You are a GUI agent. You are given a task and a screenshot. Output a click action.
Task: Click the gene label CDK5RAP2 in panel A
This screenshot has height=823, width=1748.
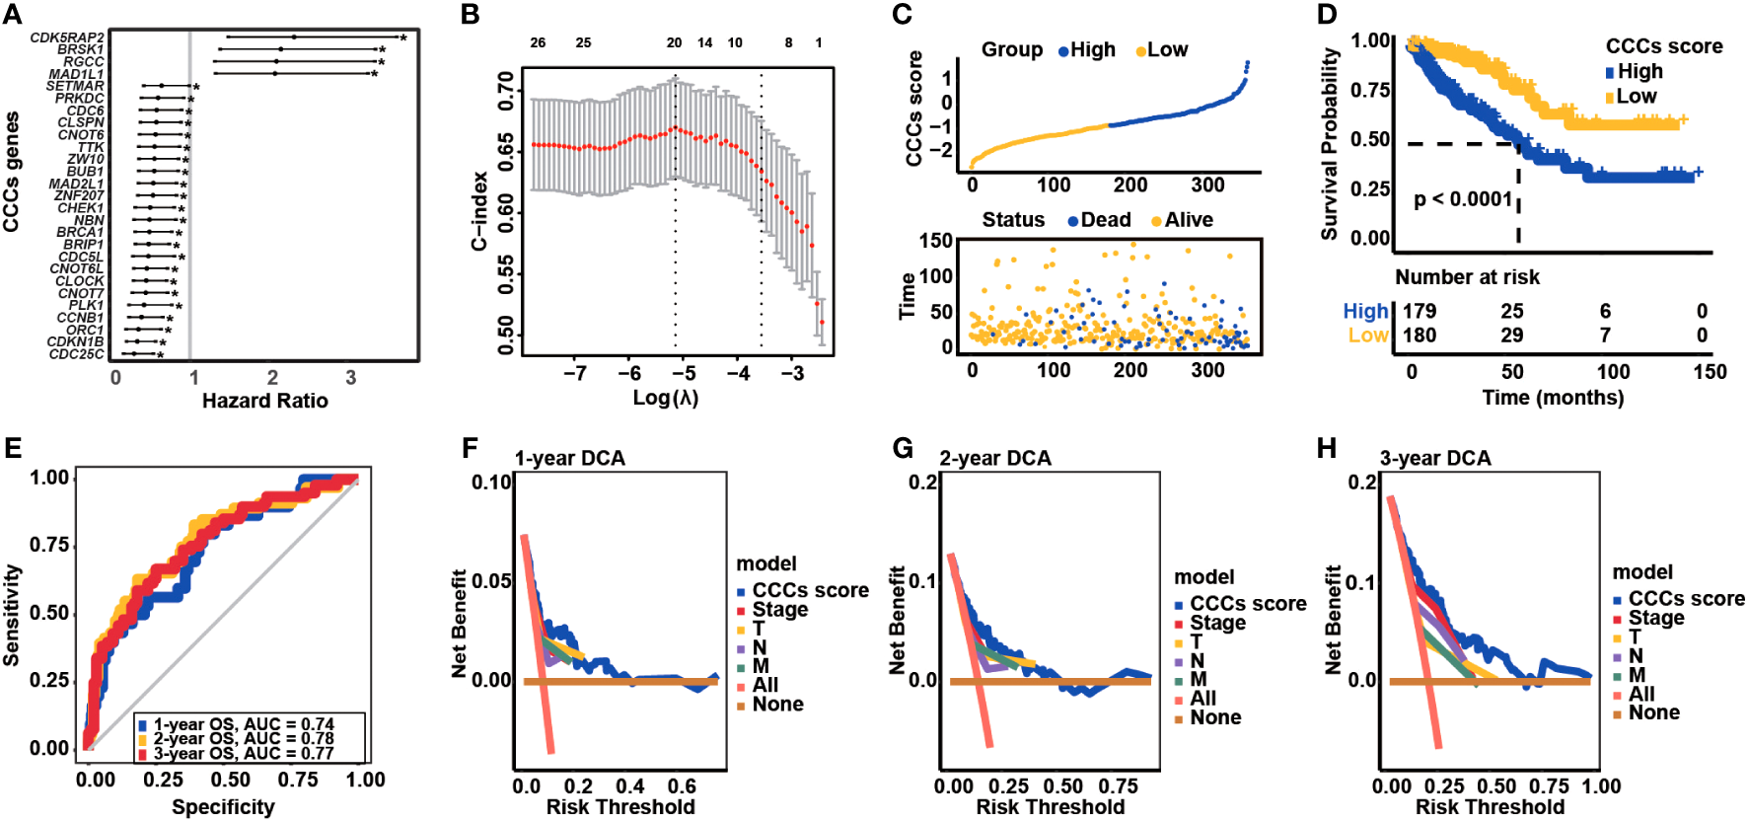point(67,37)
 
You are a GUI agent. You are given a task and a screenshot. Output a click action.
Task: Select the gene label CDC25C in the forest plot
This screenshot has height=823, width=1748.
point(77,354)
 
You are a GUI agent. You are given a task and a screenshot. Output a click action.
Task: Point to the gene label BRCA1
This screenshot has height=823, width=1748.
point(80,232)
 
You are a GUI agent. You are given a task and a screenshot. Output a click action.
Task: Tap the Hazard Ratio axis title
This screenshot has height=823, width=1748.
point(264,401)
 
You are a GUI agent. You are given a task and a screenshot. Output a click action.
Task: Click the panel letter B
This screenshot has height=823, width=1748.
point(471,15)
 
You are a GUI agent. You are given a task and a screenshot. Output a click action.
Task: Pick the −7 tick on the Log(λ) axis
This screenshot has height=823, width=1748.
point(575,373)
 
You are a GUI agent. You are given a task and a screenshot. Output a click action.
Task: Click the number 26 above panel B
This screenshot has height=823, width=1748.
point(538,42)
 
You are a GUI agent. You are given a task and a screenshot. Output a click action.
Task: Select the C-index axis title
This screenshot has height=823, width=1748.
point(479,211)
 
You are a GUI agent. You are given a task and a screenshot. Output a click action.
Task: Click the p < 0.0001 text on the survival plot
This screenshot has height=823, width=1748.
point(1463,199)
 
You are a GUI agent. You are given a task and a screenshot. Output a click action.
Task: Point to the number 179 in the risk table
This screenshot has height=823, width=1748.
point(1420,312)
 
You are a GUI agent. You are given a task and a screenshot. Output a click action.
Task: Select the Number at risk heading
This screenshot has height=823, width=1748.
point(1467,277)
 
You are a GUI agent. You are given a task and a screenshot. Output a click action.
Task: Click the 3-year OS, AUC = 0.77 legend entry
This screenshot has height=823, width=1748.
point(243,754)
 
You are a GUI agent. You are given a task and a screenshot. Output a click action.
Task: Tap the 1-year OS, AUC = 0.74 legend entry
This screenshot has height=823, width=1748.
point(243,724)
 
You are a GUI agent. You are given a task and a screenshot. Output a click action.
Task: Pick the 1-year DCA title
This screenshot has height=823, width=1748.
point(569,458)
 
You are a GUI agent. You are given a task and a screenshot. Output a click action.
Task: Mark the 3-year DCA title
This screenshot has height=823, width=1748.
point(1435,458)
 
